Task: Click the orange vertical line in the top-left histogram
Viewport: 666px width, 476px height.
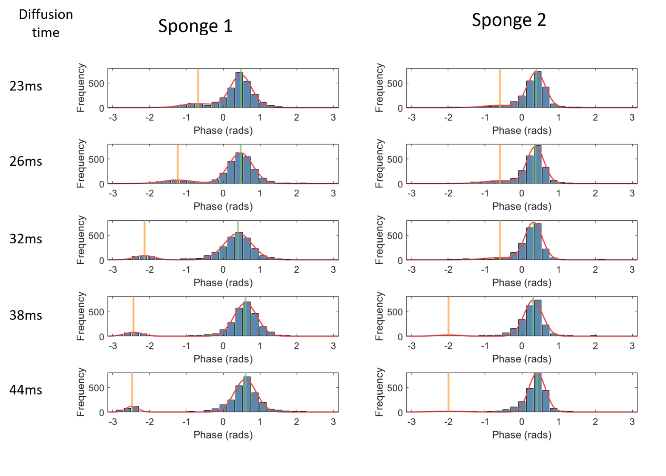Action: click(x=198, y=87)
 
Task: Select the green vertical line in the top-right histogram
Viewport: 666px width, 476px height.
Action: click(x=536, y=87)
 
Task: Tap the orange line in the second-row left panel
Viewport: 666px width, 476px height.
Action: click(x=178, y=164)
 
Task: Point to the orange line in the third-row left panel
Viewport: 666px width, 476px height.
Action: click(x=144, y=239)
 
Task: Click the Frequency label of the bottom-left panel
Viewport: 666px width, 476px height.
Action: click(x=80, y=392)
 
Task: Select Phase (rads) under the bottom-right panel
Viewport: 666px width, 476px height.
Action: click(x=522, y=435)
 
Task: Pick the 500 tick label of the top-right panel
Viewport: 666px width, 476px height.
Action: click(x=395, y=84)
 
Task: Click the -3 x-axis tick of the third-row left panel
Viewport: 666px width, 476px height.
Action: click(x=113, y=270)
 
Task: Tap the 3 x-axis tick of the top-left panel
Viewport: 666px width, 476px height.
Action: click(x=333, y=117)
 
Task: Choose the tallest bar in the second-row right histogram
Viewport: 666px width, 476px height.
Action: click(x=537, y=164)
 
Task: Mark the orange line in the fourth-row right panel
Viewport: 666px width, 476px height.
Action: click(x=448, y=316)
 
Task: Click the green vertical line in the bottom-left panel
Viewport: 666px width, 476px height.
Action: click(x=245, y=392)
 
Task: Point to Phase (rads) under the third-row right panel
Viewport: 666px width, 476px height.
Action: click(x=522, y=283)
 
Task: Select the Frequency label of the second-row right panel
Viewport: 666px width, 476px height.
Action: click(x=379, y=164)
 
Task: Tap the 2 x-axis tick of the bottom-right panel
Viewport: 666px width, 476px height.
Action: click(x=595, y=422)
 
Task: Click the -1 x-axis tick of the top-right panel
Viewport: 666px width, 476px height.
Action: click(x=485, y=117)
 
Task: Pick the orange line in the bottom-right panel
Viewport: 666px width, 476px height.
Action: click(x=448, y=392)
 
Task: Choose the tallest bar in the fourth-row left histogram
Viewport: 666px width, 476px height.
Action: click(x=247, y=319)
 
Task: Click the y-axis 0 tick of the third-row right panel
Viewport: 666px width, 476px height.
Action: click(x=400, y=260)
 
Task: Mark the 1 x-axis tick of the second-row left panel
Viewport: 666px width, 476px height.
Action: click(x=260, y=193)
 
